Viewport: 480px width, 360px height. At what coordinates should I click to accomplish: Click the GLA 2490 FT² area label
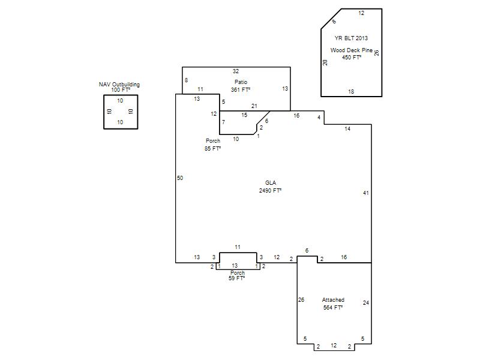pos(271,187)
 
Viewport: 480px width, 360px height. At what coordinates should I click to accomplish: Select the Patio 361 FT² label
pos(241,86)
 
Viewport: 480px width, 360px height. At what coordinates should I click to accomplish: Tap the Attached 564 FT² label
pos(333,304)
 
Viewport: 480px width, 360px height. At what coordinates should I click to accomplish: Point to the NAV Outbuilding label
pos(119,84)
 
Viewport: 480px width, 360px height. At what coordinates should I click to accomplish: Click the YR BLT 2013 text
pos(351,38)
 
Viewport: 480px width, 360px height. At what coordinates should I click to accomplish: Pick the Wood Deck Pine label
pos(352,50)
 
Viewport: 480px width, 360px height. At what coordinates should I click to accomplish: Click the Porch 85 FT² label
pos(213,145)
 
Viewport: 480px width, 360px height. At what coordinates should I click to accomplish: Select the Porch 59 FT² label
pos(237,275)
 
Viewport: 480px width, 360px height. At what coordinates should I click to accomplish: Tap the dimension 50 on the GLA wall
pos(180,178)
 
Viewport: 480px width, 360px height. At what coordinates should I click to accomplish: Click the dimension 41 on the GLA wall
pos(366,193)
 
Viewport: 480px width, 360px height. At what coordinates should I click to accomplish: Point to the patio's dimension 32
pos(236,71)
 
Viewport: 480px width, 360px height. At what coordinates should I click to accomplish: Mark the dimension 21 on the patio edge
pos(254,106)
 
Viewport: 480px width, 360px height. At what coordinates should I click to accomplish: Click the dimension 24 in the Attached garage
pos(366,303)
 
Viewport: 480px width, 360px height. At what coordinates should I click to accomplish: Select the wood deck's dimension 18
pos(351,92)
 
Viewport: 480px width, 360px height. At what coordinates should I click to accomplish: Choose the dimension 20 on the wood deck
pos(325,62)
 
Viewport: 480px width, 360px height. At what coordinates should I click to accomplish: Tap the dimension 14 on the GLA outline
pos(347,129)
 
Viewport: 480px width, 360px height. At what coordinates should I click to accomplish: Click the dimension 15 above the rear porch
pos(244,115)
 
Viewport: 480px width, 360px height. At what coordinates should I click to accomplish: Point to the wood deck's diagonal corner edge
pos(331,19)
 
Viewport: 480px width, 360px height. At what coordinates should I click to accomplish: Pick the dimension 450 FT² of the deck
pos(352,58)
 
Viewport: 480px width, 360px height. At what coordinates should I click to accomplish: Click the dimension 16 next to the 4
pos(296,116)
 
